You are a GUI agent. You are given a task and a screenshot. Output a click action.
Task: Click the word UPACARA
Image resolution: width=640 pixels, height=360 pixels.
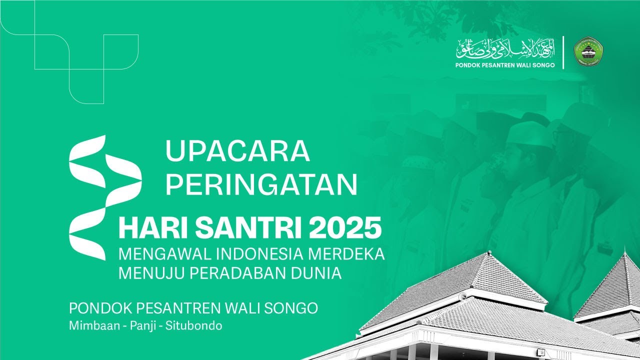pyautogui.click(x=237, y=151)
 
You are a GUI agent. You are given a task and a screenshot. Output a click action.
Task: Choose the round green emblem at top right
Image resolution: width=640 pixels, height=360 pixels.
pyautogui.click(x=588, y=52)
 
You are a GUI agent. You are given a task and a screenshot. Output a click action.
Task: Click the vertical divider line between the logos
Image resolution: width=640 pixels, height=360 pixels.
pyautogui.click(x=564, y=52)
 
